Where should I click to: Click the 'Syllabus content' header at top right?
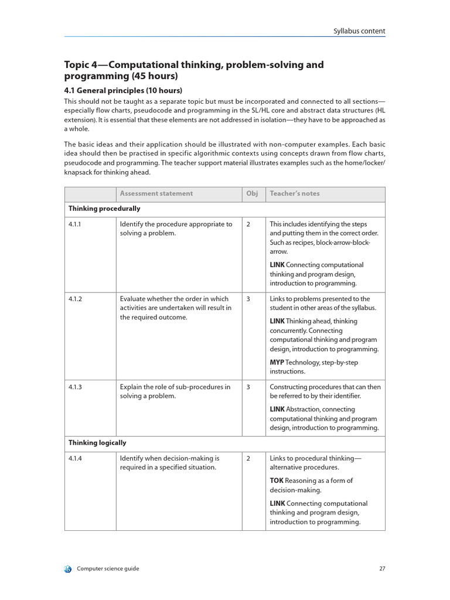point(359,31)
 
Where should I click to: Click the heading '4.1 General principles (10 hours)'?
point(123,90)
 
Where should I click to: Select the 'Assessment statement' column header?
point(156,193)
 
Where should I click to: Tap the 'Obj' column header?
point(252,193)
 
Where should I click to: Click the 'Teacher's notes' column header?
point(295,193)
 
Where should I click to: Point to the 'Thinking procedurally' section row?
point(104,209)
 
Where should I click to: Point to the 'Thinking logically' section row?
point(97,443)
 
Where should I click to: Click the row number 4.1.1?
point(75,224)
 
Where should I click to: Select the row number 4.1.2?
point(75,299)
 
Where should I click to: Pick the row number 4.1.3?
point(75,387)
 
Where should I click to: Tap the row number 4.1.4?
point(75,458)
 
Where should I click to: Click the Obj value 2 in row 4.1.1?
point(248,224)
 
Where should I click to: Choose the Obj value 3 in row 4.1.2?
point(248,299)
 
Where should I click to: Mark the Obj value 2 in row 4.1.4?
point(248,458)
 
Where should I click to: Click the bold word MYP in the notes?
point(277,363)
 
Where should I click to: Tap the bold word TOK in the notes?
point(277,481)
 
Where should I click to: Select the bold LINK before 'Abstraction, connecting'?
point(277,410)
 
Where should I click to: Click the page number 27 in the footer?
point(381,568)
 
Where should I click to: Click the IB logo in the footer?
point(68,569)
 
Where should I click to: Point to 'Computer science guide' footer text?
point(108,568)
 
